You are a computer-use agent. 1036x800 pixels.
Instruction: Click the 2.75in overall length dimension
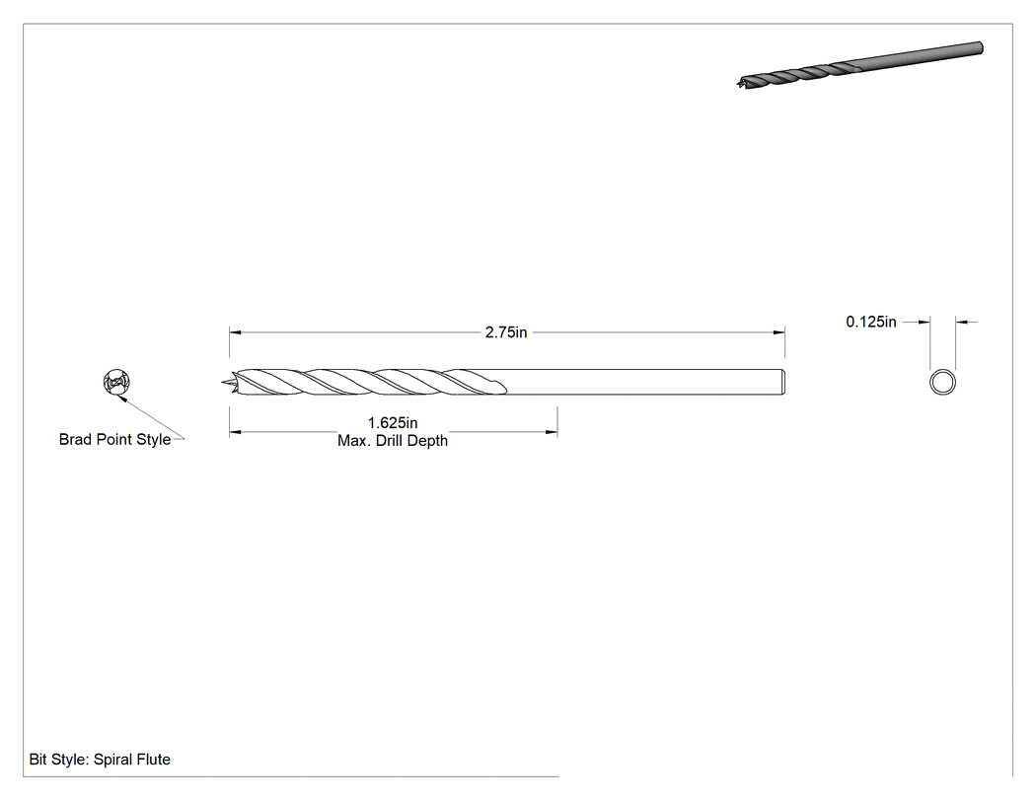[506, 332]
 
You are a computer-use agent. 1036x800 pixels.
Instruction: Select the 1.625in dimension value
[393, 423]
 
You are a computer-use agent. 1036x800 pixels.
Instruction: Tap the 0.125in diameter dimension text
[871, 322]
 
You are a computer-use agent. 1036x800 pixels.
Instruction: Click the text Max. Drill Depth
[393, 441]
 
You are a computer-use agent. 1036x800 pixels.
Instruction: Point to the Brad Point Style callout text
[115, 439]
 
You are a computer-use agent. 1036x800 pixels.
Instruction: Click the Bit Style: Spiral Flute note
[100, 760]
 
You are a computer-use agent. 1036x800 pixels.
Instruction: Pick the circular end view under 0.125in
[943, 383]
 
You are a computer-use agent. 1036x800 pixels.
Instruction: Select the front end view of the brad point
[117, 383]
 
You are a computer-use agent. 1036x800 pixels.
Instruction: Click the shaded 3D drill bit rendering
[859, 65]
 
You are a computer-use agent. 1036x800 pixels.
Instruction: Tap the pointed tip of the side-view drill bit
[222, 382]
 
